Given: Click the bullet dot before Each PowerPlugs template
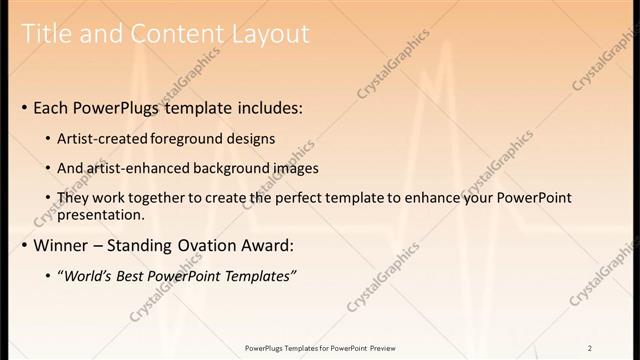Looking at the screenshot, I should pyautogui.click(x=25, y=107).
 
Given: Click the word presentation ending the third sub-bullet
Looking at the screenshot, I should pyautogui.click(x=103, y=214).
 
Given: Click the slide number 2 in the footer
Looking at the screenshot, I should pyautogui.click(x=590, y=348).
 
